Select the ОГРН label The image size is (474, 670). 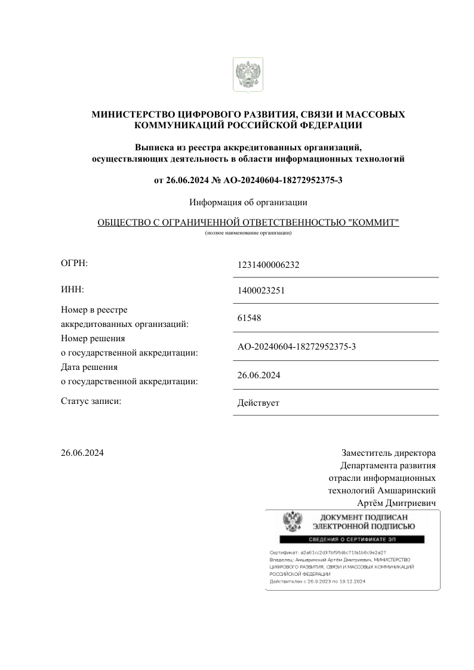(x=74, y=263)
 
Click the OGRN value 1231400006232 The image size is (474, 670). (x=268, y=265)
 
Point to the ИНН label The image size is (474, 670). (x=72, y=289)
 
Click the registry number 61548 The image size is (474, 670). (x=249, y=319)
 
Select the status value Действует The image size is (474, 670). (x=258, y=403)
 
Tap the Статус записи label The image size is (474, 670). (x=91, y=401)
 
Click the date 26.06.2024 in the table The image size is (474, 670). (x=258, y=375)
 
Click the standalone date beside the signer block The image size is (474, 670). (x=82, y=453)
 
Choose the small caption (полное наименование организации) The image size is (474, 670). (x=248, y=233)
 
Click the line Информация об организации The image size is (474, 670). (x=248, y=202)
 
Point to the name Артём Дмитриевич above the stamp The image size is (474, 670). (x=396, y=504)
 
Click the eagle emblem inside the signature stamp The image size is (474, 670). (x=292, y=523)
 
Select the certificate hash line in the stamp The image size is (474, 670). (x=328, y=553)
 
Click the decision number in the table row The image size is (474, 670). (x=297, y=347)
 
